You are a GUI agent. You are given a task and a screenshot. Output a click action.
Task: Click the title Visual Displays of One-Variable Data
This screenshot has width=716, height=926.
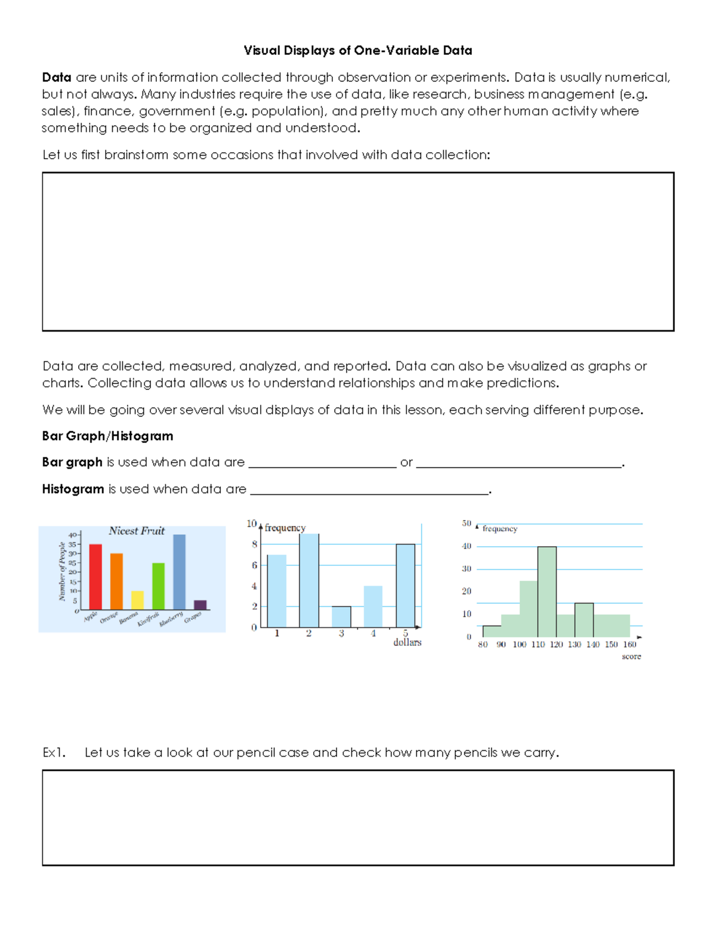click(357, 51)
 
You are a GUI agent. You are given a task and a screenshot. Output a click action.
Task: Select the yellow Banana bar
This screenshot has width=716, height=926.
click(137, 600)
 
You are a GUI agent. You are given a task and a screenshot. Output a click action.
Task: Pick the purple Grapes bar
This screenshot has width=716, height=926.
click(200, 605)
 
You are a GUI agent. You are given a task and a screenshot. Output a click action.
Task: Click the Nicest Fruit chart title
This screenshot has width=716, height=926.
click(137, 531)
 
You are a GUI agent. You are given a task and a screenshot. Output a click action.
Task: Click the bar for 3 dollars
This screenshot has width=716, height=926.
click(341, 617)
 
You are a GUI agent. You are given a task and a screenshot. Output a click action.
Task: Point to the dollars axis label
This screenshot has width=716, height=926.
click(407, 642)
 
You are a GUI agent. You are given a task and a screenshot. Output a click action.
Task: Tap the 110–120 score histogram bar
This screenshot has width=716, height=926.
click(547, 591)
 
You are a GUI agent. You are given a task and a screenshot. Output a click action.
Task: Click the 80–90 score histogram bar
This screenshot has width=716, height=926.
click(492, 631)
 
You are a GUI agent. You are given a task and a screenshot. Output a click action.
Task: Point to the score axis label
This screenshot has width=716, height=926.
click(631, 656)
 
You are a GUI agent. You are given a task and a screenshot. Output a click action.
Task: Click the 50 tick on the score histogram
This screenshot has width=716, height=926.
click(467, 524)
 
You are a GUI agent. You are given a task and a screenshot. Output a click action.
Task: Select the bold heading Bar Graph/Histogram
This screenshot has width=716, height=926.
click(107, 436)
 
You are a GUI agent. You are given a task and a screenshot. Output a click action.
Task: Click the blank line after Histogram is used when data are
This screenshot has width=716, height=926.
click(369, 490)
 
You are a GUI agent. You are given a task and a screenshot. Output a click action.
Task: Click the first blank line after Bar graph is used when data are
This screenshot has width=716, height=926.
click(322, 463)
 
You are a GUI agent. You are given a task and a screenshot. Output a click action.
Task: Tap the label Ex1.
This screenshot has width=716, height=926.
click(54, 752)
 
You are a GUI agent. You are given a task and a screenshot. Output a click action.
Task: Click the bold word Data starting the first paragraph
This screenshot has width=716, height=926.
click(57, 78)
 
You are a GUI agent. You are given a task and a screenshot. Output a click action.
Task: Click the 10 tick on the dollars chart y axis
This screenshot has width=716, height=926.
click(251, 524)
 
